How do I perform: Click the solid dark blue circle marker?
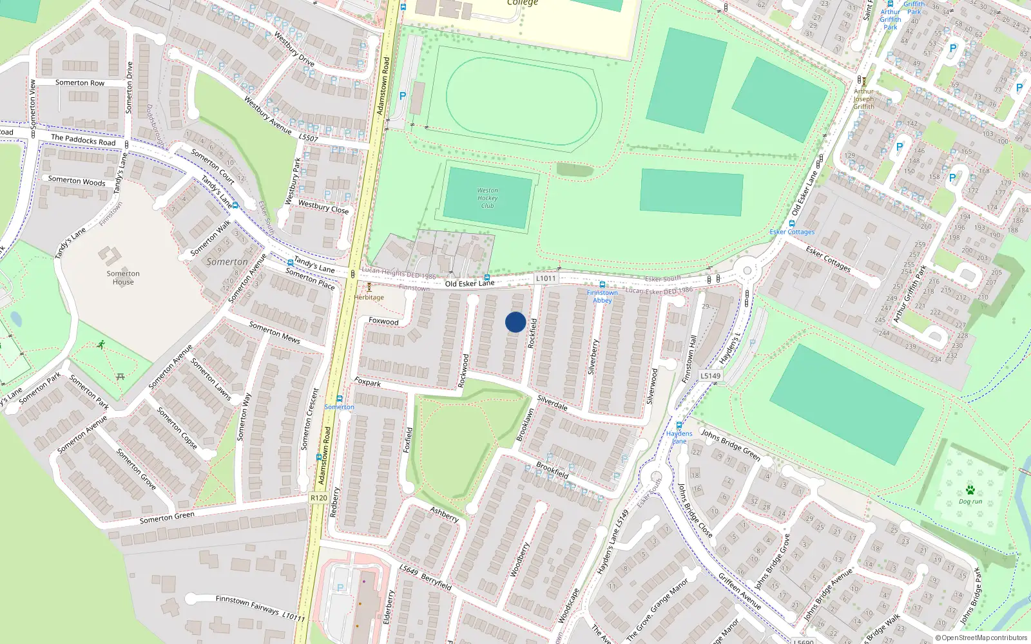tap(515, 322)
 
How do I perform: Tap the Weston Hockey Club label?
tap(487, 198)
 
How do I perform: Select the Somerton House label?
tap(123, 278)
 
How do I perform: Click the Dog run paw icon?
tap(970, 490)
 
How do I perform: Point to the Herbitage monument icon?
tap(369, 287)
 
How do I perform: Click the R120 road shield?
tap(318, 498)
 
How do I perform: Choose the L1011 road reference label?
tap(545, 278)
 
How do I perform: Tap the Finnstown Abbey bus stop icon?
tap(602, 285)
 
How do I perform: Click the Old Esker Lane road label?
tap(470, 283)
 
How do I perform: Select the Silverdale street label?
tap(552, 403)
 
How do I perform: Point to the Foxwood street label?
tap(383, 321)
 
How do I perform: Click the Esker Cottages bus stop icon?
tap(792, 223)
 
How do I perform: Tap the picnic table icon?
tap(120, 376)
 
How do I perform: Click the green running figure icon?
tap(101, 345)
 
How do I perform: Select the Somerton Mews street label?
tap(275, 332)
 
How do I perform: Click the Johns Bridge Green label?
tap(731, 444)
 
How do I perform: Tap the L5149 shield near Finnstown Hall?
tap(710, 375)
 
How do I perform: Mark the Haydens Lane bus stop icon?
tap(679, 426)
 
